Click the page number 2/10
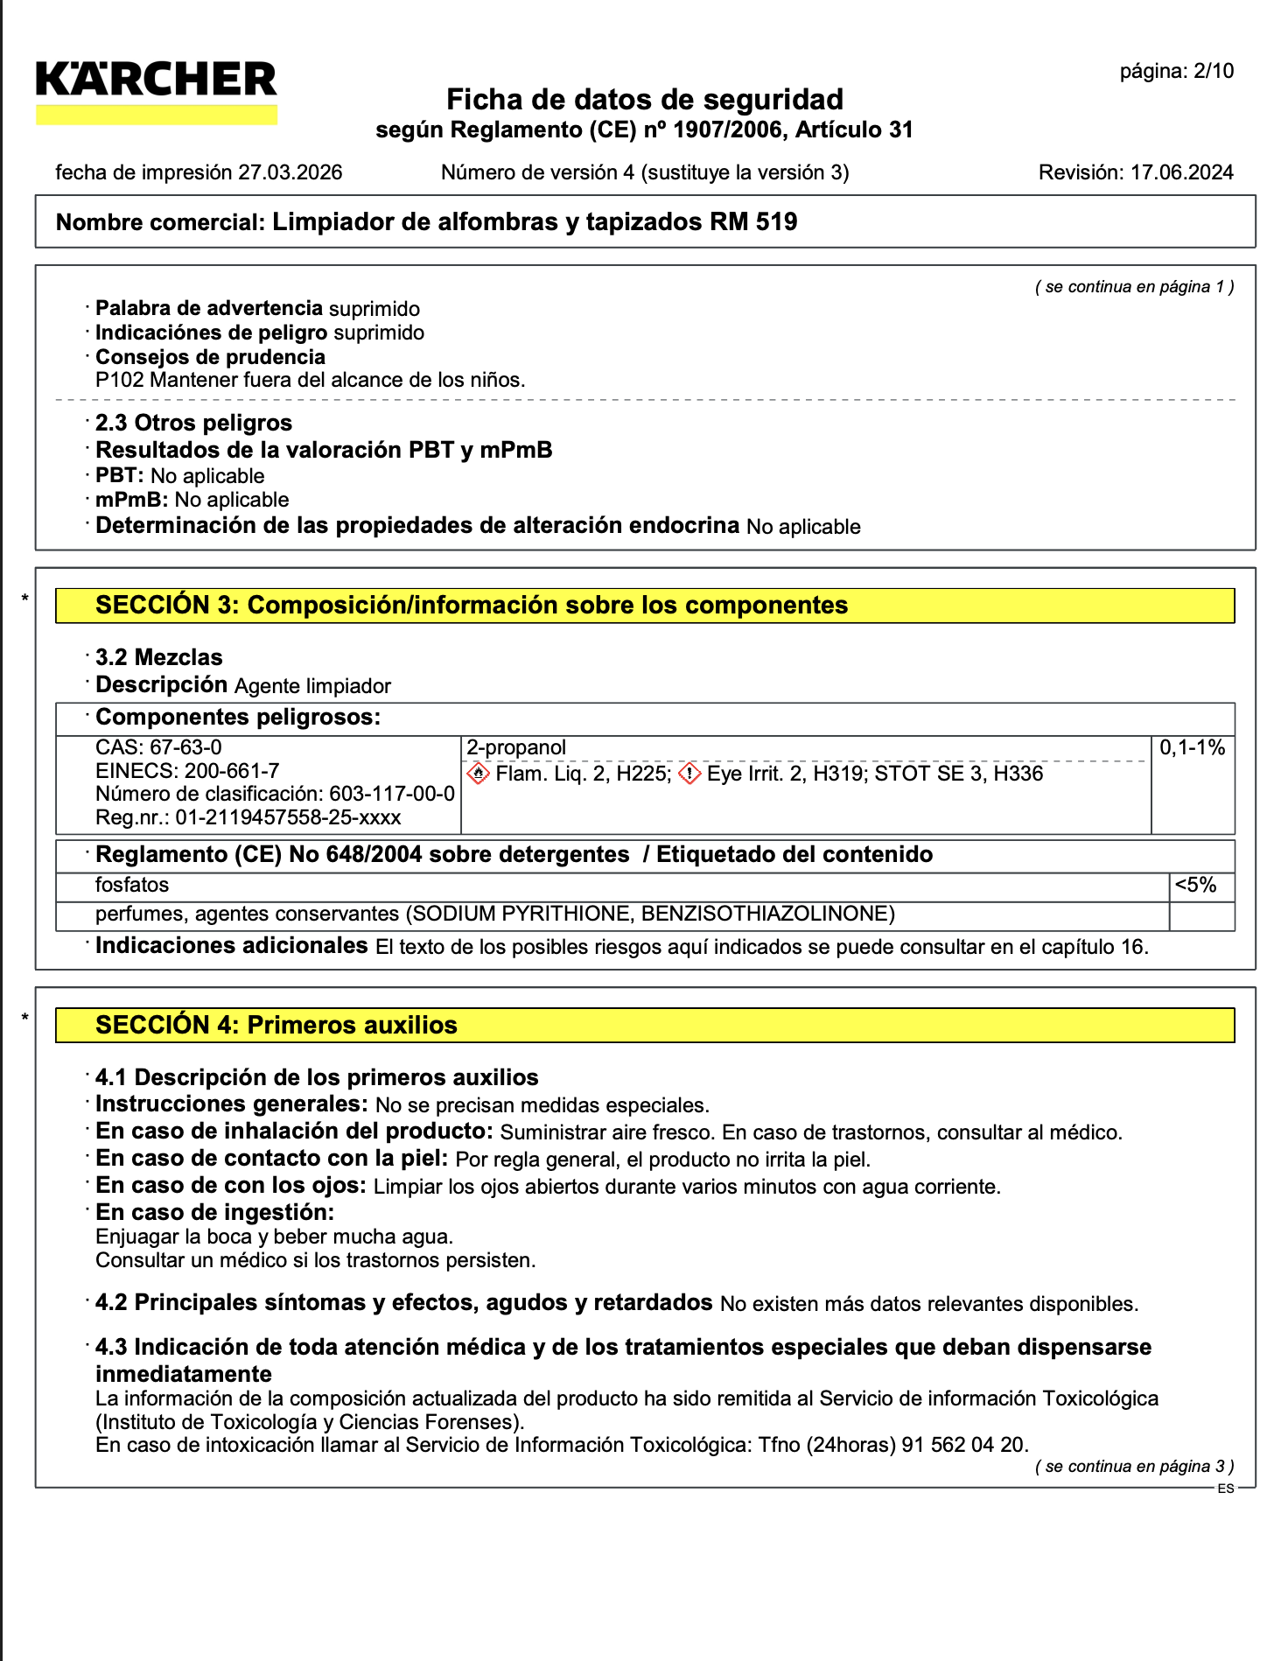click(1213, 72)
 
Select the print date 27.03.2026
click(290, 172)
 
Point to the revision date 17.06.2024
click(1181, 172)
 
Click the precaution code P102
click(120, 380)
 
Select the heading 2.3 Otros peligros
click(193, 423)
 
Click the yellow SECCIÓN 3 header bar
click(645, 606)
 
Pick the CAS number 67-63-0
click(186, 747)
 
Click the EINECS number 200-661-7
click(232, 771)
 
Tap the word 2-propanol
click(516, 747)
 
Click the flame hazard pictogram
click(478, 774)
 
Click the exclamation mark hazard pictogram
click(689, 774)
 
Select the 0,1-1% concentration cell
click(1192, 747)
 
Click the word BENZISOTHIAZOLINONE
click(767, 914)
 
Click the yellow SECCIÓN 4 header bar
click(645, 1026)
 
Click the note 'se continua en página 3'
click(1134, 1467)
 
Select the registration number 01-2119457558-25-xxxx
click(288, 817)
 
